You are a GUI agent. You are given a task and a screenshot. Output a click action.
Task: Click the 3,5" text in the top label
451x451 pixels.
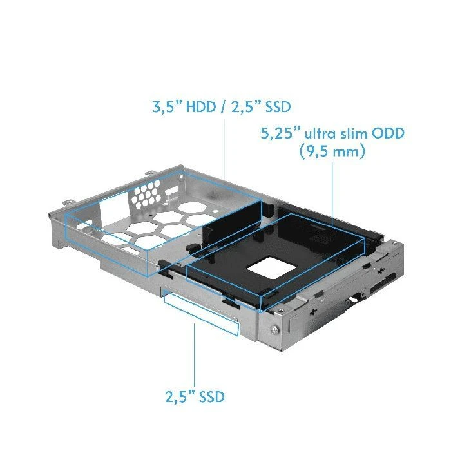click(x=166, y=107)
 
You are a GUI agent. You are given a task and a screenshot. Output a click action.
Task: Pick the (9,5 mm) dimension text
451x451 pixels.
click(x=332, y=153)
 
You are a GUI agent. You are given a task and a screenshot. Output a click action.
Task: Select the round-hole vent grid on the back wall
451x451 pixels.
click(x=148, y=195)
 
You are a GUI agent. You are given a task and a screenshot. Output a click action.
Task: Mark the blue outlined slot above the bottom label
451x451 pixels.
click(x=200, y=311)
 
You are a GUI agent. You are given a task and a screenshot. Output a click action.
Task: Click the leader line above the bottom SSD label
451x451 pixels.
click(x=194, y=354)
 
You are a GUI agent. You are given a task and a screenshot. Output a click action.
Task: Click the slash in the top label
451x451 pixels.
click(x=222, y=107)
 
